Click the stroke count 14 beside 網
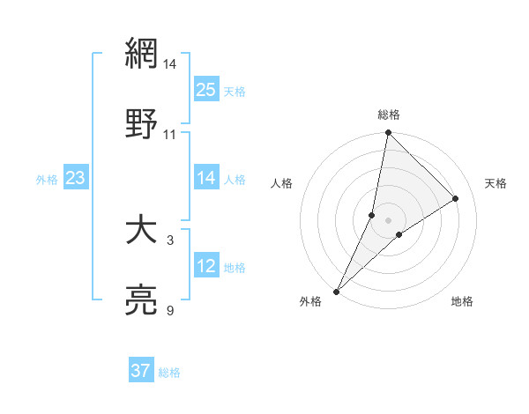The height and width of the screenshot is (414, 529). point(169,64)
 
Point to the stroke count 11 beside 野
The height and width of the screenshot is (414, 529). point(169,134)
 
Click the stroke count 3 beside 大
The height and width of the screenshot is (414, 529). point(170,240)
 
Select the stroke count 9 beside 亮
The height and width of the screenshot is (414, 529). point(170,311)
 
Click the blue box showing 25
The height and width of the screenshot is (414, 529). point(205,89)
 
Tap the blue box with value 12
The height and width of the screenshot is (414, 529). point(205,266)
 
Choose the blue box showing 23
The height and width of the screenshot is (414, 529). point(76,178)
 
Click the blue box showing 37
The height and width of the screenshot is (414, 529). point(141,371)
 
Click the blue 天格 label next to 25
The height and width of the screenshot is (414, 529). point(235,91)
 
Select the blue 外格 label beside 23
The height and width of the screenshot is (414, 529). point(47,180)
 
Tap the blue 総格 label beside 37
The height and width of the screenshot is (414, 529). point(169,373)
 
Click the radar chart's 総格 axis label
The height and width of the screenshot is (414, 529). point(389,115)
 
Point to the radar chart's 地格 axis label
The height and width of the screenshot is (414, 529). point(462,302)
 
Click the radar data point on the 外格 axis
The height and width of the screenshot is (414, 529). point(336,291)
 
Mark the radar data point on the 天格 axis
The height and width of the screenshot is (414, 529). point(456,198)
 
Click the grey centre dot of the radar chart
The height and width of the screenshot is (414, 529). point(389,220)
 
